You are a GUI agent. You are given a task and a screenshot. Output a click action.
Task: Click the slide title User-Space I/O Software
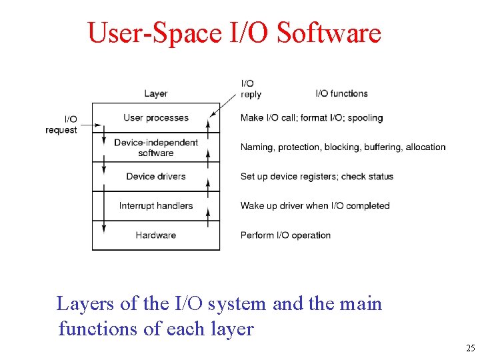234,33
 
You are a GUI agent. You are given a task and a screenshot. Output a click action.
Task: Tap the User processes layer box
156,118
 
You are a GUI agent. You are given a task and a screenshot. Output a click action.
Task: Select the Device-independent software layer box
156,147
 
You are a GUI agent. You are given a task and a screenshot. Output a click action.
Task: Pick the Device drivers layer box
156,177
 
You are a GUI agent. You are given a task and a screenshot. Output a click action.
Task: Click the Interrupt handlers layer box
156,206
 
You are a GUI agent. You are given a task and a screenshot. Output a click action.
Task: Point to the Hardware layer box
156,235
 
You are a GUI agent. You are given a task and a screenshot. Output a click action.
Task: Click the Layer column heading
156,93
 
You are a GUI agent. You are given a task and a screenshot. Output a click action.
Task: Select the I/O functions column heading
341,93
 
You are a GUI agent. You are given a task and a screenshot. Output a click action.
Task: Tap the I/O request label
61,125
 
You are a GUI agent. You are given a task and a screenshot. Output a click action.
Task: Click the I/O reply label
251,89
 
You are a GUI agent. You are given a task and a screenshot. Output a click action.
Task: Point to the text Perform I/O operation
285,235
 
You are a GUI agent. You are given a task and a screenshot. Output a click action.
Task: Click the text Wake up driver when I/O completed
315,206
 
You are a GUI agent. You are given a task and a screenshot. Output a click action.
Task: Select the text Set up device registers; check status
317,177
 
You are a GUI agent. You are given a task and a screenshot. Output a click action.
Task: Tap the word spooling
365,118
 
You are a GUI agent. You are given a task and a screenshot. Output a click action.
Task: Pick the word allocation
425,147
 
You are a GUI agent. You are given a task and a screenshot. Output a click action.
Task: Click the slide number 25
470,349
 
